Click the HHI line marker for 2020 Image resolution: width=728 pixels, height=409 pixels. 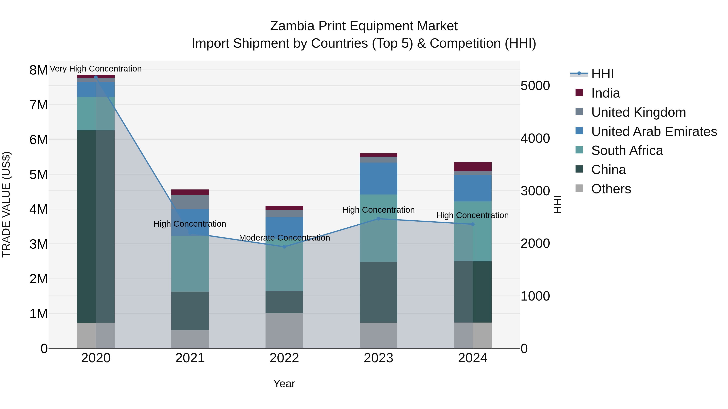tap(96, 77)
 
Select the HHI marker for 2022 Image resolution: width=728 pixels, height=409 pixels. tap(284, 247)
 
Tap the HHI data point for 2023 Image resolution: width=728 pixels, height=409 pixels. tap(378, 219)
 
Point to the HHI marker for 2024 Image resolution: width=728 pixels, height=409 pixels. tap(473, 224)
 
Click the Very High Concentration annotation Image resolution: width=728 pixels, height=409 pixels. tap(96, 69)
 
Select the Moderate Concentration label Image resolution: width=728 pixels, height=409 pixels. tap(284, 238)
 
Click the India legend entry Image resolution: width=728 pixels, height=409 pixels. tap(605, 93)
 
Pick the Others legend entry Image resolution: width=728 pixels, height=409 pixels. tap(611, 189)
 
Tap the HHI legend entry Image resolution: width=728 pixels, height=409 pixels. tap(602, 74)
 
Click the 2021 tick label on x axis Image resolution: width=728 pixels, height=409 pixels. tap(190, 358)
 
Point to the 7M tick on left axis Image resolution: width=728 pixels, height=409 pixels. tap(39, 105)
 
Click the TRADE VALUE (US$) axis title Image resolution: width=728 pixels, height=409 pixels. tap(6, 204)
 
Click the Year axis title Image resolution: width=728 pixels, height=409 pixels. tap(284, 384)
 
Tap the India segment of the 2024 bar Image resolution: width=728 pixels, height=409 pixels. tap(473, 167)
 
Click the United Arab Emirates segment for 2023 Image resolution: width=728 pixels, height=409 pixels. tap(378, 178)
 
